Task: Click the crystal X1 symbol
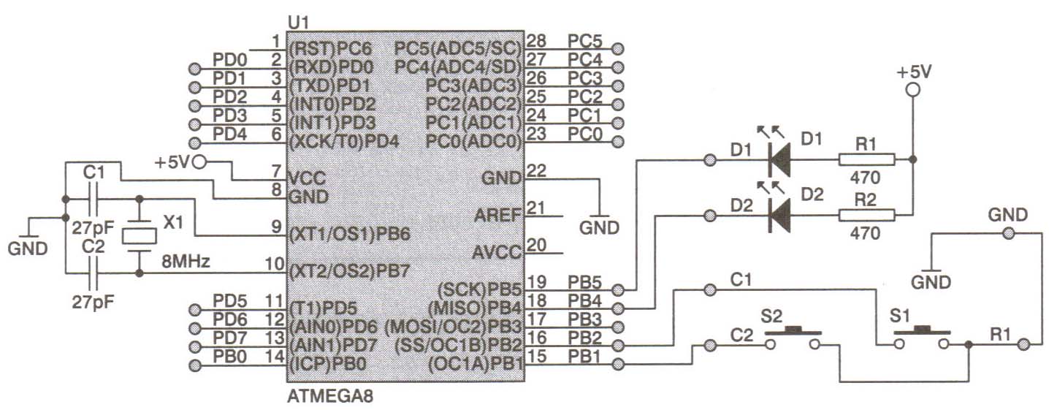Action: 138,235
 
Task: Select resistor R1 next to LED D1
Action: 866,159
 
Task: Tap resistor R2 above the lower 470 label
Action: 866,215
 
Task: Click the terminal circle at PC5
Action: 618,48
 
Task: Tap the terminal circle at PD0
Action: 194,68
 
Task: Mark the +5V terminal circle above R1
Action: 911,91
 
